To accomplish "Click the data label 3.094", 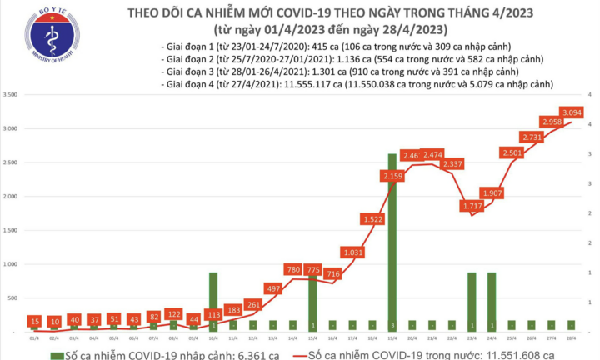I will [x=572, y=112].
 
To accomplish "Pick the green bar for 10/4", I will [x=213, y=301].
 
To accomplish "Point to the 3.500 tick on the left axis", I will [x=13, y=96].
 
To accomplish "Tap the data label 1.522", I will [x=372, y=219].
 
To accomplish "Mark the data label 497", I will [x=272, y=287].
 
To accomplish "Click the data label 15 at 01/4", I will [x=33, y=322].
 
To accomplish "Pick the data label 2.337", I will [x=452, y=164].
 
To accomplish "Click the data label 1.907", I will [x=492, y=192].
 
